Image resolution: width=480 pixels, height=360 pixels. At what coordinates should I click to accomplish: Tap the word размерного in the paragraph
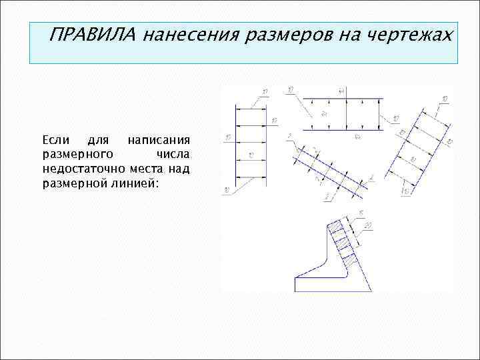tap(72, 154)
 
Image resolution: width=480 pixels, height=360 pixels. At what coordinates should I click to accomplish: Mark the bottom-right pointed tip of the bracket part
tap(371, 291)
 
